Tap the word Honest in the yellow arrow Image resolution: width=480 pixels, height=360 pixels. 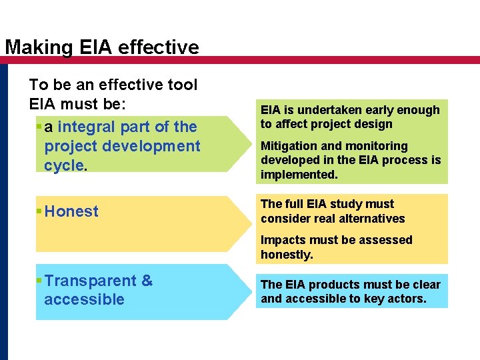coord(71,211)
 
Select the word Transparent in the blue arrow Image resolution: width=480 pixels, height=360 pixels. coord(90,281)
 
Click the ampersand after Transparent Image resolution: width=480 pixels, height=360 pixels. coord(147,281)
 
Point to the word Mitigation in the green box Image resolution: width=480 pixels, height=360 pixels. coord(287,146)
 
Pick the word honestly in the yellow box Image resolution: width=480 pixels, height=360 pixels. coord(286,255)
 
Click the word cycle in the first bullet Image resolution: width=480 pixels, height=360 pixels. coord(63,165)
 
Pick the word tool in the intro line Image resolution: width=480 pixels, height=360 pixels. coord(183,85)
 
